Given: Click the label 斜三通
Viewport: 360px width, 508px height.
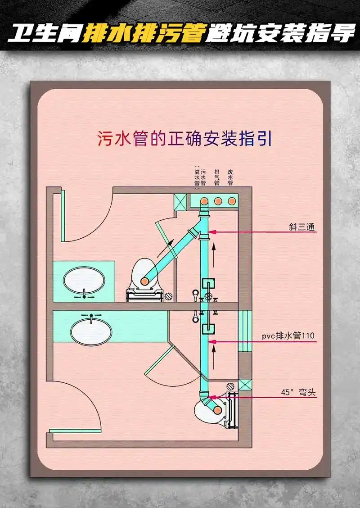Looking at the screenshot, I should pos(302,227).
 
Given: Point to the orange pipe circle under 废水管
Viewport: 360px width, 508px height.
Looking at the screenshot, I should pos(232,200).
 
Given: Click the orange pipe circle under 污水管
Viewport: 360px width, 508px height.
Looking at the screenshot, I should pos(203,200).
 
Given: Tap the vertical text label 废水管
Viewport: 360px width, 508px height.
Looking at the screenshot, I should pos(230,178).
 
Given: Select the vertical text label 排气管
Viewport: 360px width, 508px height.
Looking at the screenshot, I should pos(217,178).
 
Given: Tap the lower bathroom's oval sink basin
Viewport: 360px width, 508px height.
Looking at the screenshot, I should pos(91,332).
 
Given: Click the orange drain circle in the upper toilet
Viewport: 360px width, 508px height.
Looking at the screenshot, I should pos(145,281).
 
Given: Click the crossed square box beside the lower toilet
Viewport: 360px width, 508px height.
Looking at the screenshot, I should pos(245,385).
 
